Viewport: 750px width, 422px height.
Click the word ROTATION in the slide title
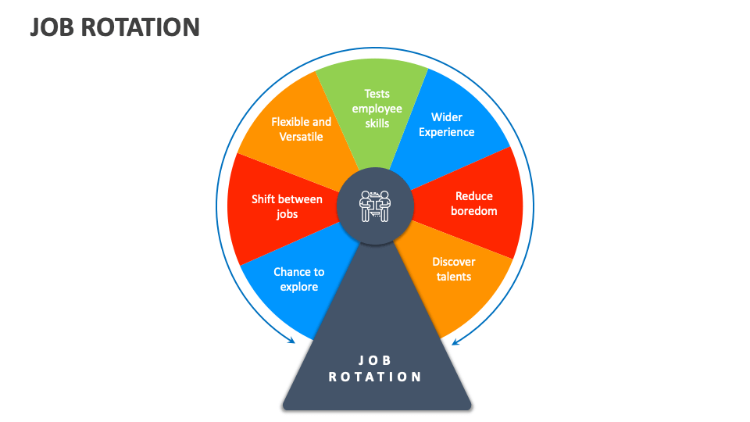[x=140, y=27]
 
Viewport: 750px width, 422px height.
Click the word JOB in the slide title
[x=52, y=27]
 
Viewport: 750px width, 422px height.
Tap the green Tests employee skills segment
[x=374, y=110]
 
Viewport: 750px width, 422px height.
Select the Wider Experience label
[x=447, y=124]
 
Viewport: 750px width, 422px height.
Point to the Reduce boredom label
[x=474, y=203]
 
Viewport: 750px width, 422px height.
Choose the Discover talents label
[x=454, y=269]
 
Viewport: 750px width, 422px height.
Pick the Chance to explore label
[x=299, y=279]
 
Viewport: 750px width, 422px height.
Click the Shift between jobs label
[x=287, y=206]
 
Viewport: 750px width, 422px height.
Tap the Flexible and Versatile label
[x=302, y=129]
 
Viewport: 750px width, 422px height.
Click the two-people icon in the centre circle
[x=375, y=206]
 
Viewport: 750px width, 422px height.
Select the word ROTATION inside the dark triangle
[x=375, y=377]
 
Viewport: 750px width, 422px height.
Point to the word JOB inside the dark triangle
[x=375, y=360]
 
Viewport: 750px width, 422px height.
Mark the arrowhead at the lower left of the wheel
[x=291, y=340]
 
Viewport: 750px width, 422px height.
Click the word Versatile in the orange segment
[x=302, y=137]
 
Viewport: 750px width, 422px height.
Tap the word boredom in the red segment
[x=474, y=211]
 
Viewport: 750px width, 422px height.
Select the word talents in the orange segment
[x=454, y=277]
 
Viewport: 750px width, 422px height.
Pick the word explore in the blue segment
[x=299, y=287]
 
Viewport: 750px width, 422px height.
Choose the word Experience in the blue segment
[x=447, y=133]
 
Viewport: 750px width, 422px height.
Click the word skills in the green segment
[x=377, y=123]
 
